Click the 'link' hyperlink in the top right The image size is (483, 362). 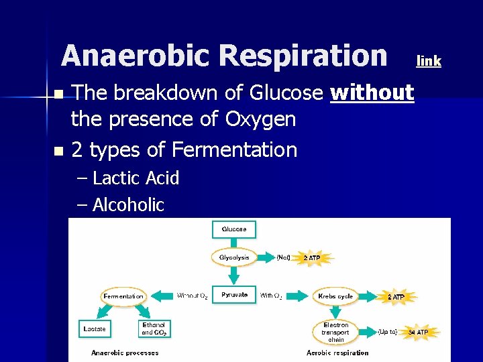tap(429, 61)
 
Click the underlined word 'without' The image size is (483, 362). tap(372, 93)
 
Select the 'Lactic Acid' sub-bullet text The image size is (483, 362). tap(136, 178)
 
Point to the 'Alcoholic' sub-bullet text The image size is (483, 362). tap(128, 204)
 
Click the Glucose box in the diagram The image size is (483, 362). tap(234, 229)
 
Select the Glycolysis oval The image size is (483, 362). tap(234, 257)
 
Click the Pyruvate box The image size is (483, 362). tap(234, 295)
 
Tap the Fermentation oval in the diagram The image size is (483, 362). tap(123, 296)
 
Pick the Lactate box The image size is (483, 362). tap(94, 329)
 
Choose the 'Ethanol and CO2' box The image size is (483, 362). tap(154, 328)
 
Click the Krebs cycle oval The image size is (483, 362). tap(335, 296)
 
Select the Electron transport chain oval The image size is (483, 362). tap(335, 332)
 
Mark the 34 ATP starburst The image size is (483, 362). tap(419, 332)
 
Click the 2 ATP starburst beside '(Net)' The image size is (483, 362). tap(312, 257)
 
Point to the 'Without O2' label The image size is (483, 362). tap(192, 296)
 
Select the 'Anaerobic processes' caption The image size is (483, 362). tap(125, 353)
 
